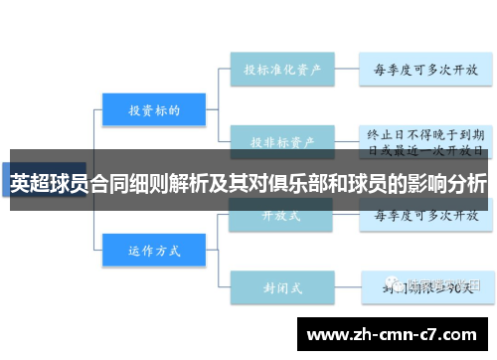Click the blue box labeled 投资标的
153,111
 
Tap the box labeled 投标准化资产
281,71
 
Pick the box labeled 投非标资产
281,140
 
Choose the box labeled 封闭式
281,288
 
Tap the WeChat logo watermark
400,285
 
